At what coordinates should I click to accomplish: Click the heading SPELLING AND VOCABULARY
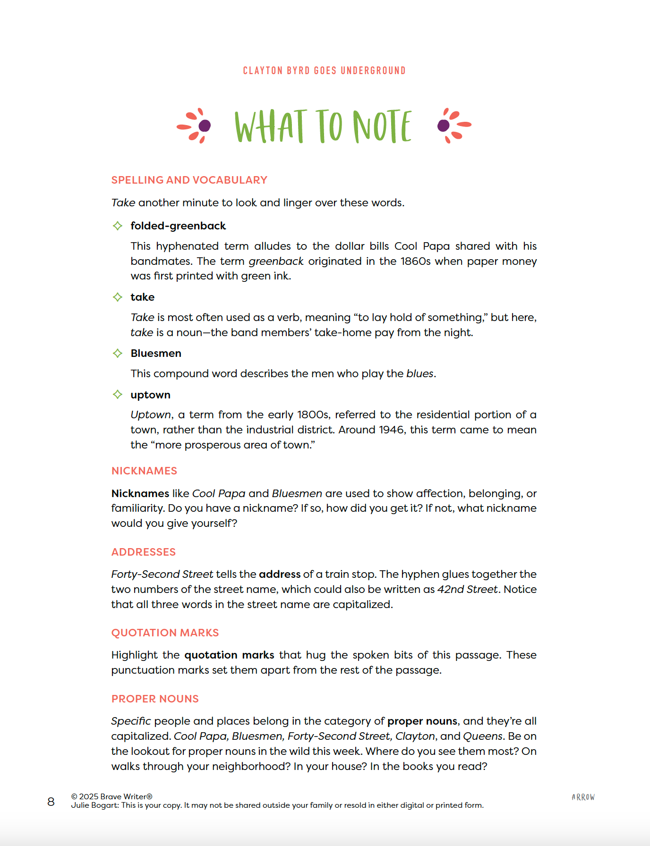pos(189,180)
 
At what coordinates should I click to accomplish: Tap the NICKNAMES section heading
pos(144,471)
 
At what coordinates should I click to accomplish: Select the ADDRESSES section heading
pos(143,552)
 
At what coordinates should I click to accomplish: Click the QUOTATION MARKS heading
pos(165,633)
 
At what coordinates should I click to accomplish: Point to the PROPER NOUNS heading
pos(155,699)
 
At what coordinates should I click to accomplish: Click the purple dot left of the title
pos(205,126)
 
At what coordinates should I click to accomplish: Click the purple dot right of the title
pos(444,126)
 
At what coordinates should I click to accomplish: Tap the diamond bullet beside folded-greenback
pos(118,226)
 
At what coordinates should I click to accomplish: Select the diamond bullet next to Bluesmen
pos(118,353)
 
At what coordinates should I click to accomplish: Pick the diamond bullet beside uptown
pos(118,395)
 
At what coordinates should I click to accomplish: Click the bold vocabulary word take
pos(142,297)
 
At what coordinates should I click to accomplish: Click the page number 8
pos(51,802)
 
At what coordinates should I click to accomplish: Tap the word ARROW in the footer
pos(583,797)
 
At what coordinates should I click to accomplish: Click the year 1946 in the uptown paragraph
pos(391,430)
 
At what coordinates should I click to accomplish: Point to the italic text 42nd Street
pos(467,589)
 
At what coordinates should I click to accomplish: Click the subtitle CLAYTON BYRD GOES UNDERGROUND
pos(324,71)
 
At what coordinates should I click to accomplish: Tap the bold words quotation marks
pos(229,655)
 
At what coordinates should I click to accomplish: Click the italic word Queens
pos(482,736)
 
